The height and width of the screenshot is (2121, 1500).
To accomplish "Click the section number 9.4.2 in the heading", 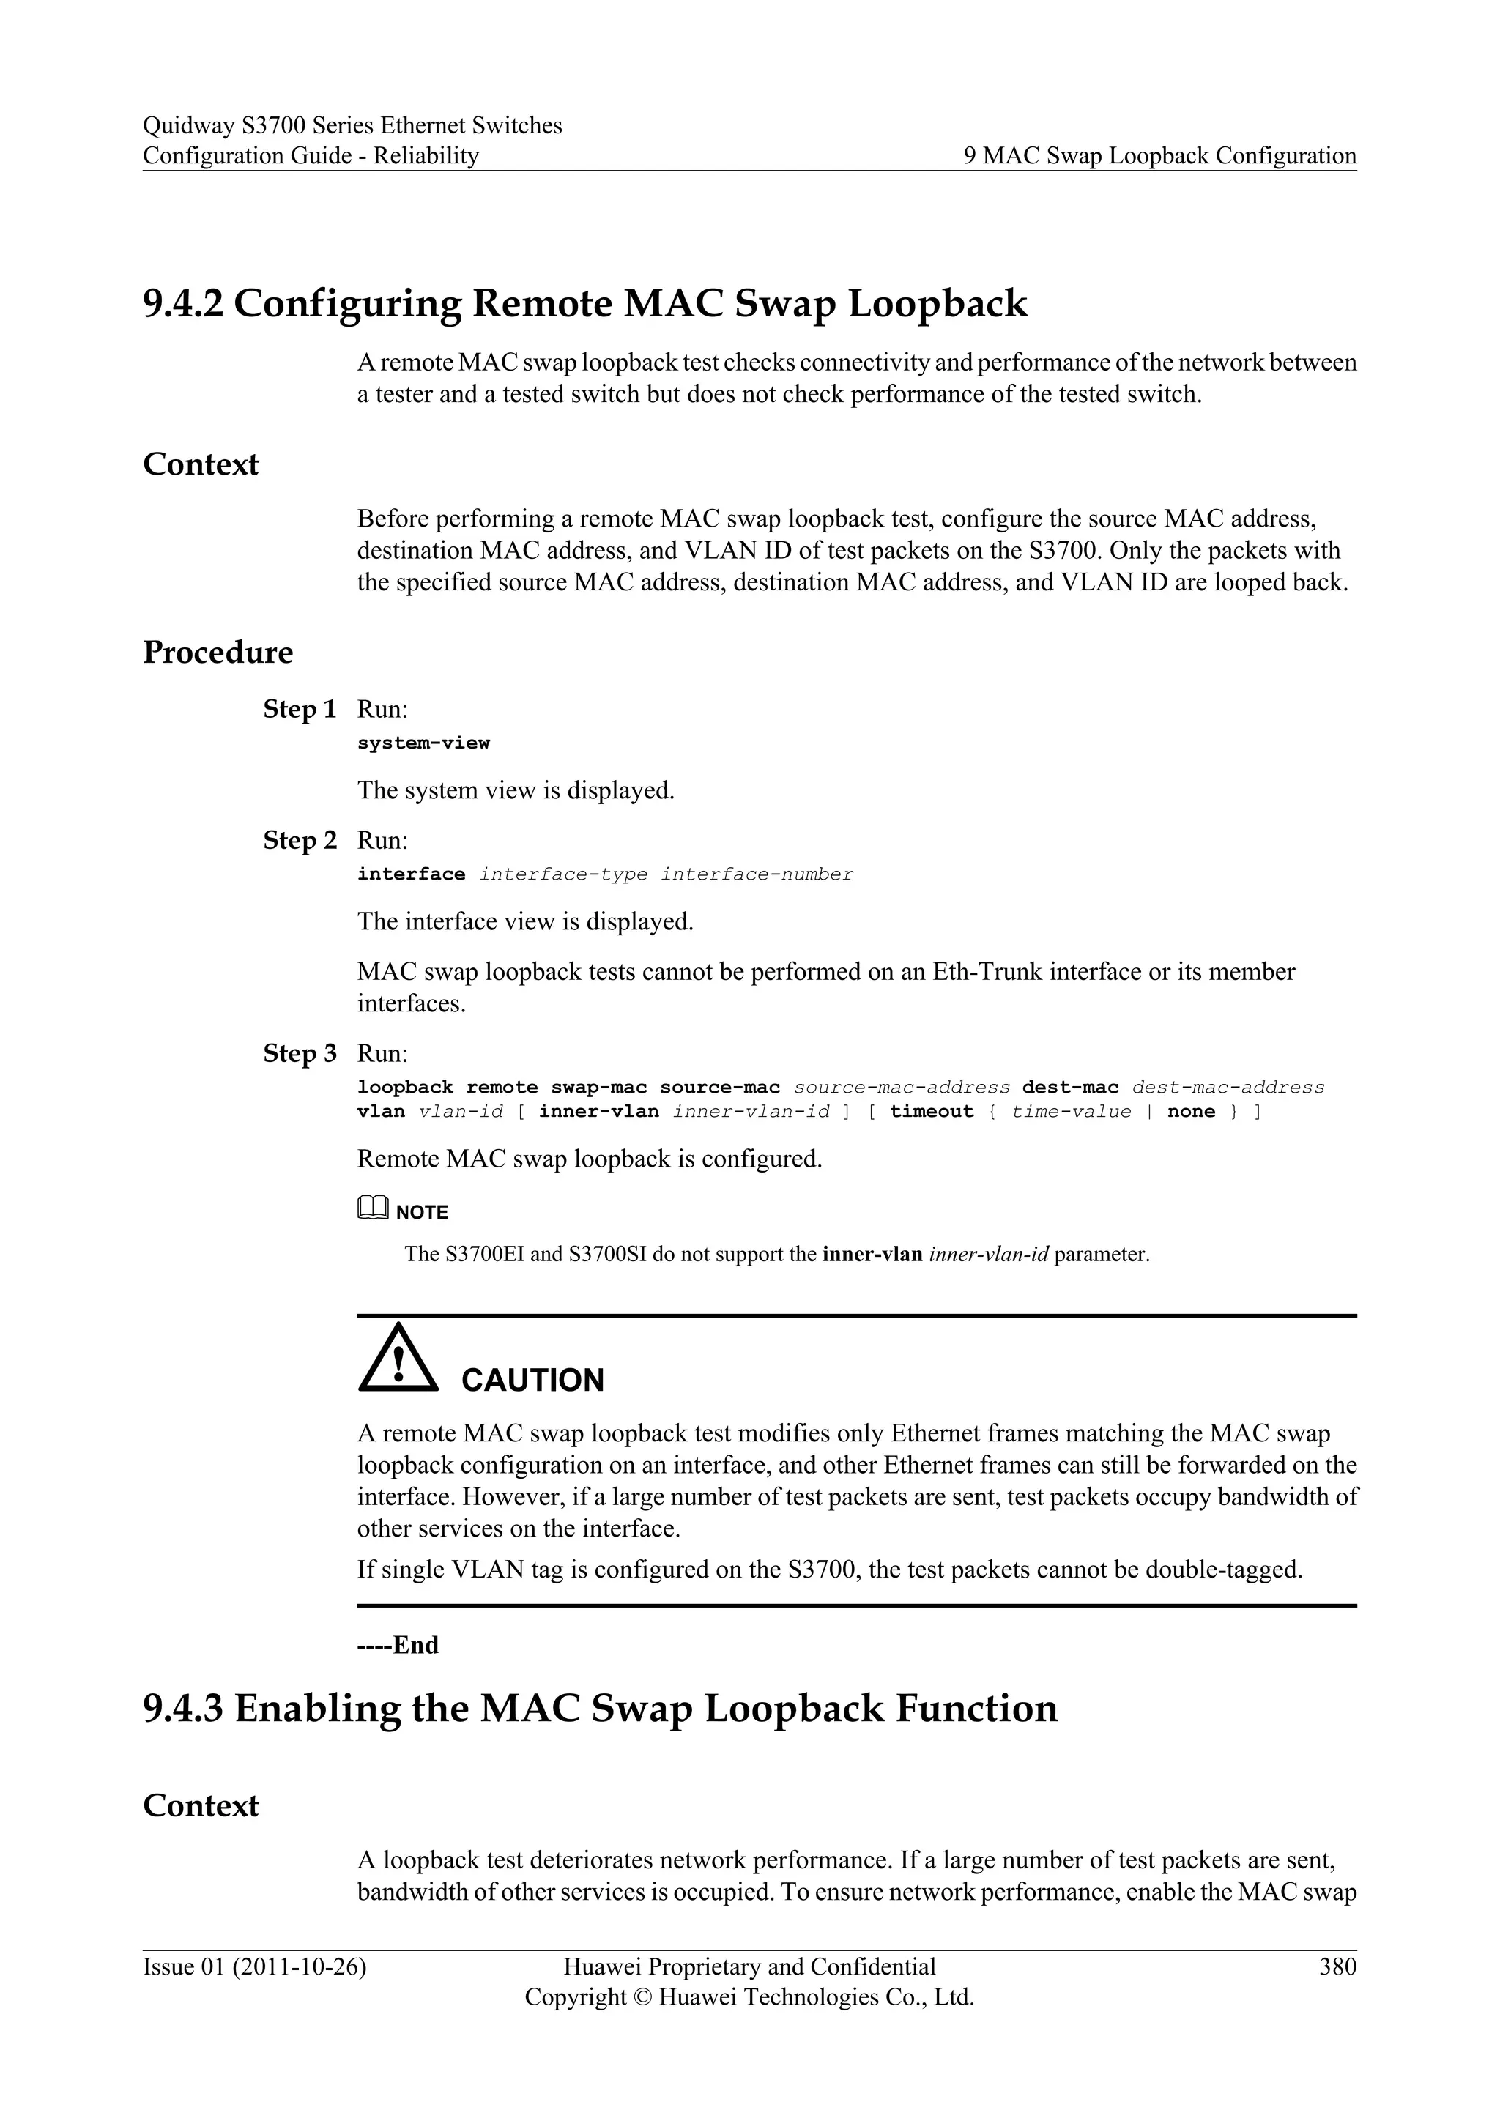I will [182, 304].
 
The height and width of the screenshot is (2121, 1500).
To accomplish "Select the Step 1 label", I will [300, 710].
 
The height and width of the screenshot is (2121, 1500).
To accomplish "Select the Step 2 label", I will [300, 841].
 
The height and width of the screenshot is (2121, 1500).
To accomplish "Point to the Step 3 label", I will [300, 1054].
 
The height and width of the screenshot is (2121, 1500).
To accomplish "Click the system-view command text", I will [423, 743].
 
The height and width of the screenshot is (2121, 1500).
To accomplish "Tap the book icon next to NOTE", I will [372, 1208].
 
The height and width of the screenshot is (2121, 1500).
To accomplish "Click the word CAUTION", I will [532, 1380].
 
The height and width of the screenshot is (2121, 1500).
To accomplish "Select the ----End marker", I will [398, 1645].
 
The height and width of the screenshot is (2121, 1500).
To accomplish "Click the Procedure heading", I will [218, 652].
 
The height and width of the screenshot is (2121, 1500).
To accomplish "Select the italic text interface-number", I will [757, 874].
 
